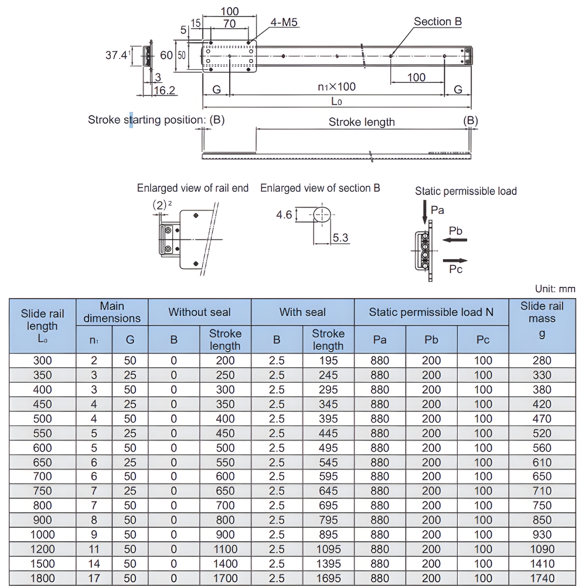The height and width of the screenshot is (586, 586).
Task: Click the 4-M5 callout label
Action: point(284,23)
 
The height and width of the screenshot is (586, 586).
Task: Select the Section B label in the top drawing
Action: point(438,22)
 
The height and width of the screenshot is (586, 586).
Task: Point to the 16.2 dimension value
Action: point(165,90)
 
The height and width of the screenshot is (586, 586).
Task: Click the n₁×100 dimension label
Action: point(336,87)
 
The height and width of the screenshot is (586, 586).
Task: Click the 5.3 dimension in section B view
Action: point(340,237)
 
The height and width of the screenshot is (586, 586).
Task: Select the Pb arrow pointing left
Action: point(455,240)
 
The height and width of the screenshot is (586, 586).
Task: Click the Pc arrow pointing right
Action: point(455,260)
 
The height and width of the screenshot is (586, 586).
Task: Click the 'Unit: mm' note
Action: point(555,289)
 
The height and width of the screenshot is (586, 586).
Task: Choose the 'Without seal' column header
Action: point(199,312)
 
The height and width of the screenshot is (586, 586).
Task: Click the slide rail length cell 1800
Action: point(42,578)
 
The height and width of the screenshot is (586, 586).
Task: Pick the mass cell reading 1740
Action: point(541,578)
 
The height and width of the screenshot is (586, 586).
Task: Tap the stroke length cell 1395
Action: point(328,563)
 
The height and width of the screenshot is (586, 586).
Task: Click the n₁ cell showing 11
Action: point(94,549)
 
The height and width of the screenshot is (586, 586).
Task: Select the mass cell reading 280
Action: point(541,361)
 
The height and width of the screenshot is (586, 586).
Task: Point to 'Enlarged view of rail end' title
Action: point(193,188)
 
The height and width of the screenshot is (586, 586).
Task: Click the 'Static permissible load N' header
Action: point(431,312)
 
